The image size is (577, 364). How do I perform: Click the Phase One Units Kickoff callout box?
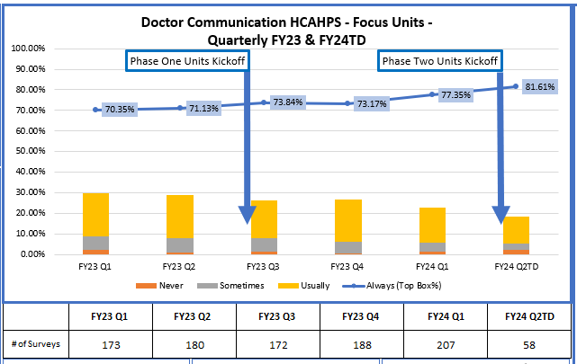(186, 60)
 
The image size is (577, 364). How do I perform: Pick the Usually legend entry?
(305, 285)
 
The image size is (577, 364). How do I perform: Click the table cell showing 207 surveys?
(445, 344)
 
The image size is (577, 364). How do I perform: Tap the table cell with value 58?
(528, 344)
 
